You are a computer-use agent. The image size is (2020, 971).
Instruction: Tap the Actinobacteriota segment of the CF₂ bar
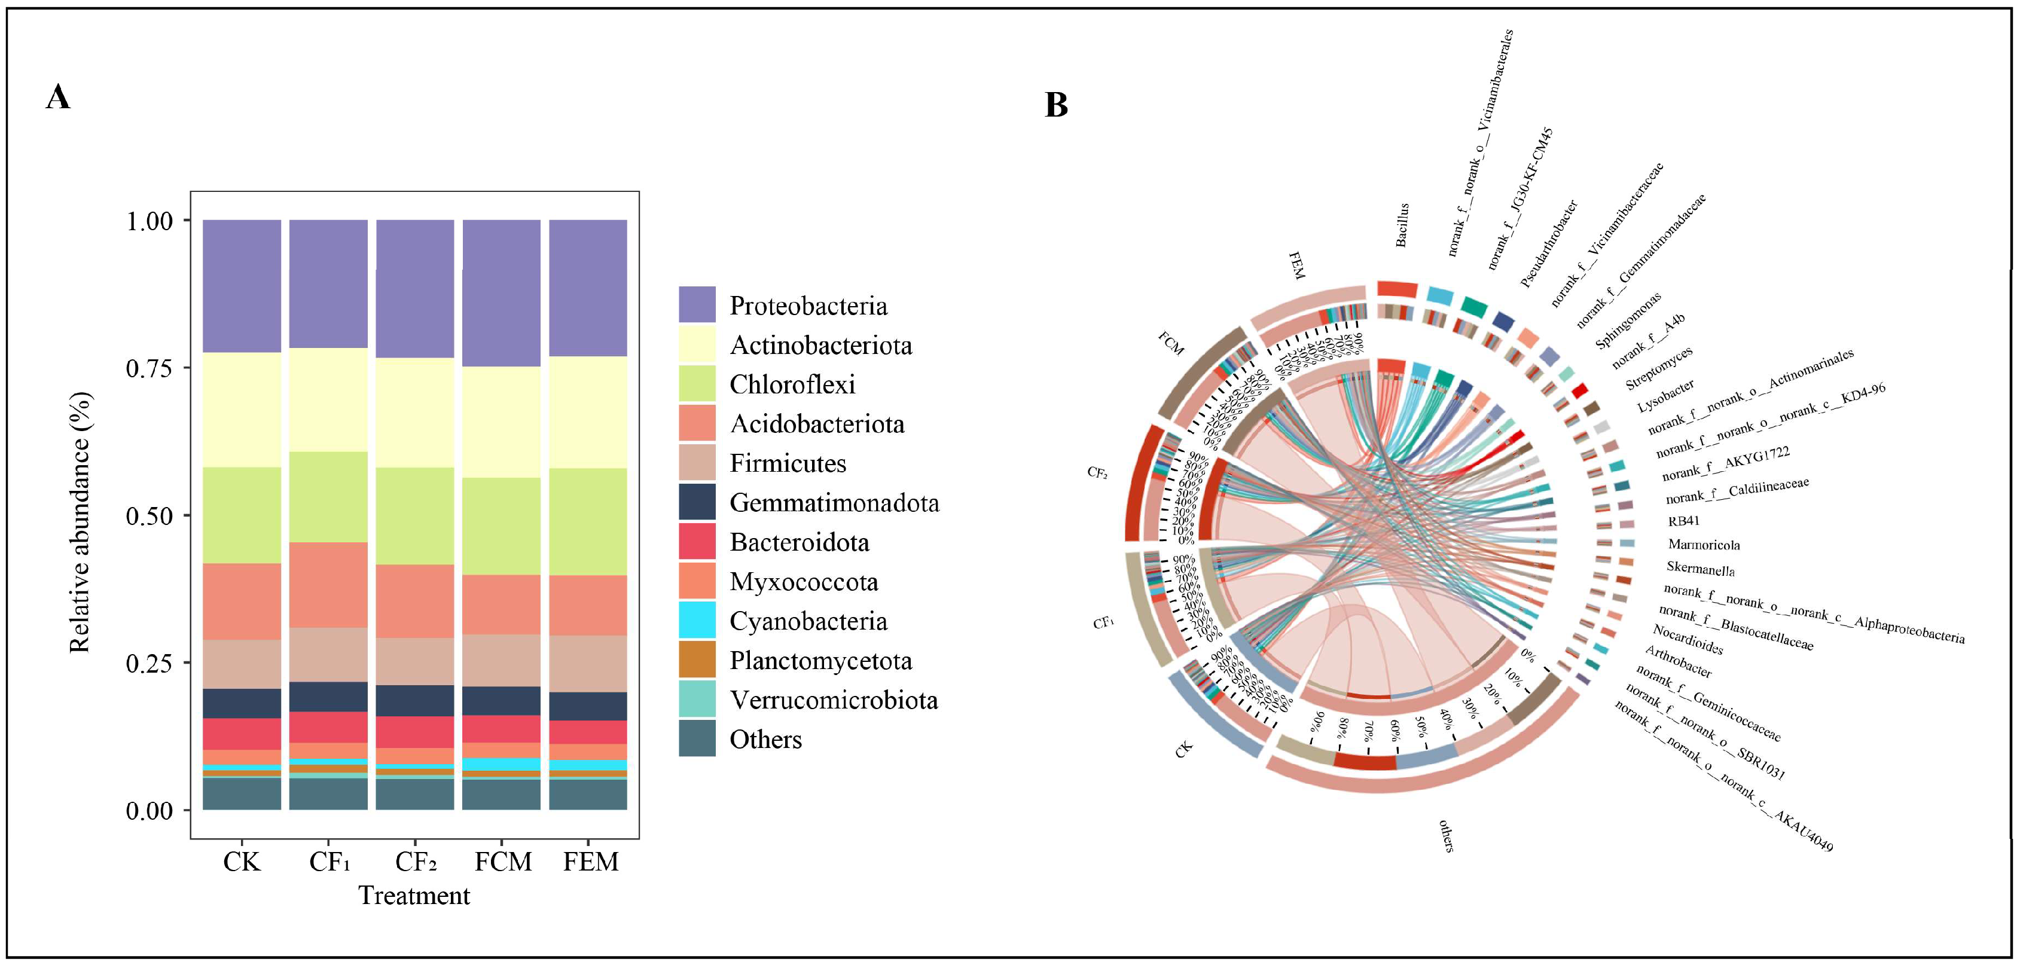tap(415, 413)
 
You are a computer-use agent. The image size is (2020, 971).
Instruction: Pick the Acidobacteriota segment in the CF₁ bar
tap(328, 584)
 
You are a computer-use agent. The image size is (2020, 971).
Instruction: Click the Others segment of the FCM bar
tap(501, 794)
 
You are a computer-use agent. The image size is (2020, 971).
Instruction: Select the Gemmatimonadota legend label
tap(834, 503)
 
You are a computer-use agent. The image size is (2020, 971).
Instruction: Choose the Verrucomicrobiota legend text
tap(834, 700)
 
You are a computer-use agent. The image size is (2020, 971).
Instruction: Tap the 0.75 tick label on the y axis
tap(149, 368)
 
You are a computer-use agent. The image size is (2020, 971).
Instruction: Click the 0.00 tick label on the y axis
tap(149, 810)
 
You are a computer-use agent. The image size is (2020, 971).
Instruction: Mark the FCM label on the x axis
tap(503, 862)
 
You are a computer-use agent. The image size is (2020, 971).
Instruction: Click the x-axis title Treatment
tap(414, 896)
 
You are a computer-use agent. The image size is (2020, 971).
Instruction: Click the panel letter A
tap(58, 97)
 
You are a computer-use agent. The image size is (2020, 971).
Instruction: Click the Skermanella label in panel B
tap(1700, 569)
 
